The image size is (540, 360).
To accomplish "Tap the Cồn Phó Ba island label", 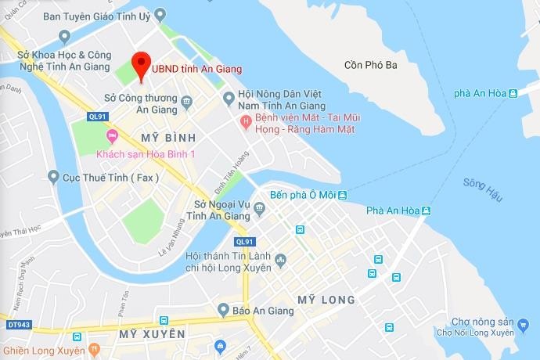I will point(371,65).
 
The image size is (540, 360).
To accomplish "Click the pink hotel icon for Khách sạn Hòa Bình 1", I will point(111,136).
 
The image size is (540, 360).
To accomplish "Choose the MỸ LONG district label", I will point(326,300).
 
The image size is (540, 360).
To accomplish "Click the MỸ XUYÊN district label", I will point(152,334).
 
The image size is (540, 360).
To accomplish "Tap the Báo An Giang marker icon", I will point(223,310).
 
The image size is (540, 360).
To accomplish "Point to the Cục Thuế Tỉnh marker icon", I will point(53,177).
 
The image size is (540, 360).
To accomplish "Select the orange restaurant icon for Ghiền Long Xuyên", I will point(94,348).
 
